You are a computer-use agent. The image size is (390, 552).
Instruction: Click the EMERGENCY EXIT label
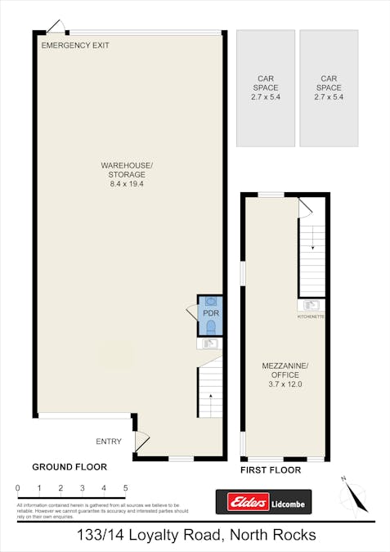(75, 46)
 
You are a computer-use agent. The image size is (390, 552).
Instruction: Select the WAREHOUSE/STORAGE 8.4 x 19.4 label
(127, 174)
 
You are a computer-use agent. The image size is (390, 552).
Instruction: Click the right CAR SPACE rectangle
(329, 88)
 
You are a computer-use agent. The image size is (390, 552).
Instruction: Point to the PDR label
(211, 313)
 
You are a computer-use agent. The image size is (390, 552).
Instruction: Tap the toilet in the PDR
(211, 327)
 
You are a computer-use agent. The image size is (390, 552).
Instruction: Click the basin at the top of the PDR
(211, 301)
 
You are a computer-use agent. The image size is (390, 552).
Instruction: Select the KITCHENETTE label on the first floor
(312, 316)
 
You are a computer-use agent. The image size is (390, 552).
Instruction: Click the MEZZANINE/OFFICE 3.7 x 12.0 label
(284, 375)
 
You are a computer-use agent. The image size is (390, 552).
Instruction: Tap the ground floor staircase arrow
(210, 395)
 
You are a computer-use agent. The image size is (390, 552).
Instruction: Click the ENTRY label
(109, 442)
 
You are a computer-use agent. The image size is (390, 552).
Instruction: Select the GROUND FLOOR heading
(69, 467)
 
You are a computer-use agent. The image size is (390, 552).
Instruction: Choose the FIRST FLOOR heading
(271, 470)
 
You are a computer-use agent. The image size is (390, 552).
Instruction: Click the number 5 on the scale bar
(125, 488)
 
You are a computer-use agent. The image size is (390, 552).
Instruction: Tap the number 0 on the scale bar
(17, 488)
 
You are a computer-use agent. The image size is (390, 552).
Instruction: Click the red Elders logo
(243, 501)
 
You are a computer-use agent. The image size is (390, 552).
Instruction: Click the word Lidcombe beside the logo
(289, 501)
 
